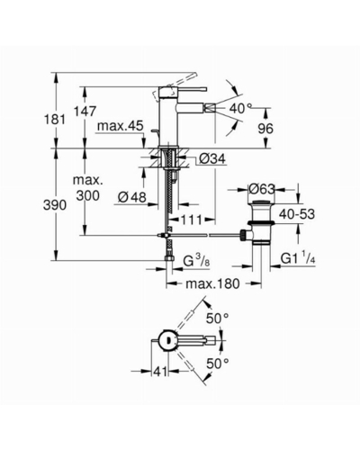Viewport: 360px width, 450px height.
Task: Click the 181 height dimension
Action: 56,120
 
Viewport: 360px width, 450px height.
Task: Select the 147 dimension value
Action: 86,112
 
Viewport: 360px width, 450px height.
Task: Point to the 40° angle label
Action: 240,108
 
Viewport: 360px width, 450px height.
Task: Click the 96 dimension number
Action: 265,129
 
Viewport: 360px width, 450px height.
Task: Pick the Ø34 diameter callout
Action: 212,158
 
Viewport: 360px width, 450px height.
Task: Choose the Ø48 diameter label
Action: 132,197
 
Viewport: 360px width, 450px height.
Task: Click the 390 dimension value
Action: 55,205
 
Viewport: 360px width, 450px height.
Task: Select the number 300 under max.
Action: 87,196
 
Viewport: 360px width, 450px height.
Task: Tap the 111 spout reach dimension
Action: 191,220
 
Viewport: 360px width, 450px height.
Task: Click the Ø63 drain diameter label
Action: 262,189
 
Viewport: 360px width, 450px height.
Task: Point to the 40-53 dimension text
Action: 297,214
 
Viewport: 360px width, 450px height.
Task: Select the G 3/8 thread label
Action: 196,262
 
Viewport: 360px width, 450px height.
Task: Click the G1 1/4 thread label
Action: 298,258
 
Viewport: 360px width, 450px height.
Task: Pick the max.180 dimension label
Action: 212,283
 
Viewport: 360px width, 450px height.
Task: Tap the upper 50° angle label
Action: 218,319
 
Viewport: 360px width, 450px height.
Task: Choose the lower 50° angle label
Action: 218,364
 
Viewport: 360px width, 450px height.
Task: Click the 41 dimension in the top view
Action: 160,372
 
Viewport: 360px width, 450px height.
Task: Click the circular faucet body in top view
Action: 168,341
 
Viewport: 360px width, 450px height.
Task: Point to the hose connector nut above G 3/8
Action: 169,258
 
